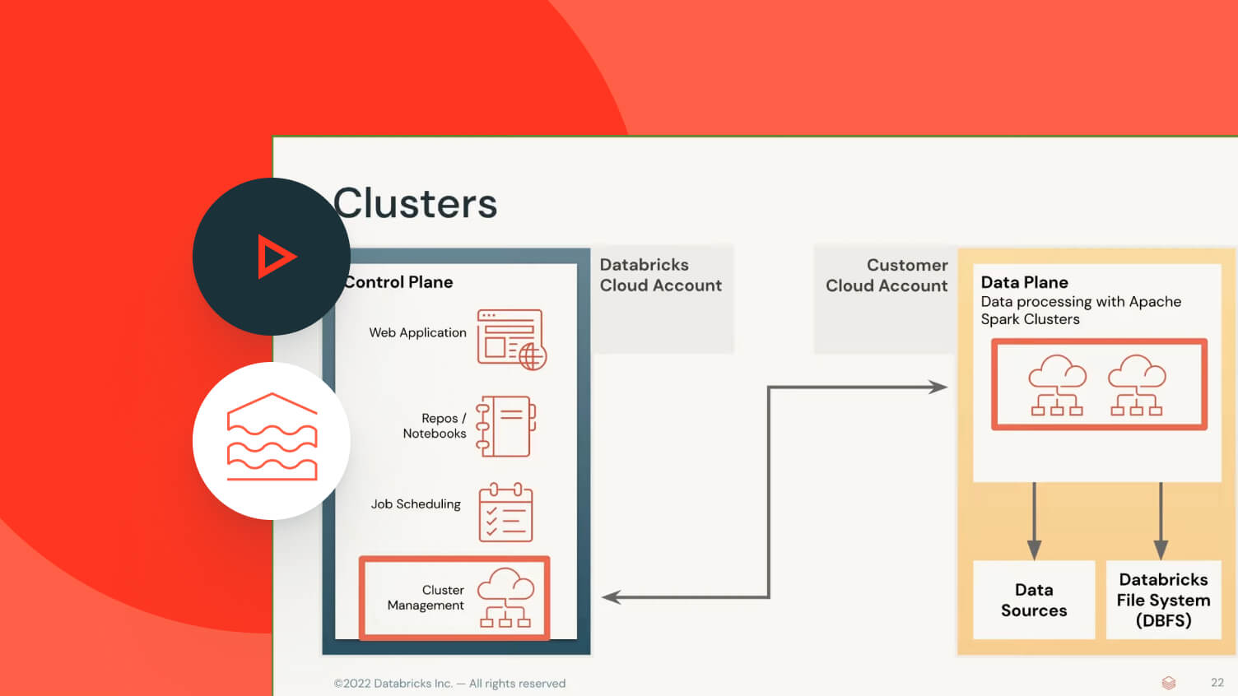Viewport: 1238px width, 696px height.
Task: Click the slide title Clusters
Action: coord(416,203)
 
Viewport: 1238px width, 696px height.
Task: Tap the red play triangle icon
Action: coord(275,257)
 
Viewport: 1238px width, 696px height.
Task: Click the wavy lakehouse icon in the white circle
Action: coord(272,438)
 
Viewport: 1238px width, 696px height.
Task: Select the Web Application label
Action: coord(417,332)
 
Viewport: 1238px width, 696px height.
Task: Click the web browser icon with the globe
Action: coord(511,339)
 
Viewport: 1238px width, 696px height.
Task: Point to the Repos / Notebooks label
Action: coord(435,425)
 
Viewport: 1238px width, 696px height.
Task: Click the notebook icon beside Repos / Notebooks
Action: coord(506,426)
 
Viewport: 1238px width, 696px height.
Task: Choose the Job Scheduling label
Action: coord(416,503)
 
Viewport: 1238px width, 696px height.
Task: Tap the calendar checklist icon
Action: coord(505,513)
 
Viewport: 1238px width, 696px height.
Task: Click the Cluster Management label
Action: coord(426,597)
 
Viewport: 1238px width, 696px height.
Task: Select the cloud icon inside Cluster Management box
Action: coord(505,597)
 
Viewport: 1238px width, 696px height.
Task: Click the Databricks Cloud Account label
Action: coord(660,275)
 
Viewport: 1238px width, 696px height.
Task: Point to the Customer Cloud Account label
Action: coord(887,276)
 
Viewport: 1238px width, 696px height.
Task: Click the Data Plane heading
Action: coord(1024,282)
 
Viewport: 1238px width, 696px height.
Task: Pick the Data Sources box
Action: coord(1034,600)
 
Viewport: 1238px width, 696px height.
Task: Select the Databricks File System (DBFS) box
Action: coord(1163,600)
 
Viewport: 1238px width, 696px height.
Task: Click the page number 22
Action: coord(1217,683)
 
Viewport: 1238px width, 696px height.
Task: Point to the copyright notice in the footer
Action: coord(449,683)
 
